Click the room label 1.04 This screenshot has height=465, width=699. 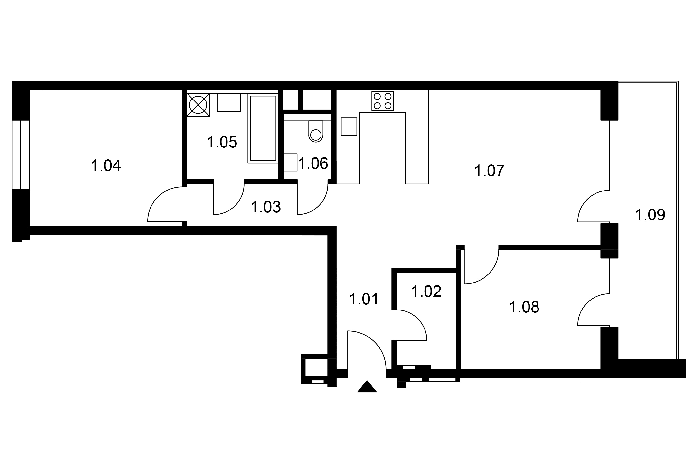click(106, 166)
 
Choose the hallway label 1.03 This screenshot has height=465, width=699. click(266, 207)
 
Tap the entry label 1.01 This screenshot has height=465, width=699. click(364, 299)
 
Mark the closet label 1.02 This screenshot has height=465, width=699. click(426, 291)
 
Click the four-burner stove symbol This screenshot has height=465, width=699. click(382, 101)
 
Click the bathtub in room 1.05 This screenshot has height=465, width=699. click(263, 128)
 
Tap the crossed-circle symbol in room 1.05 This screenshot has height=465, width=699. click(198, 105)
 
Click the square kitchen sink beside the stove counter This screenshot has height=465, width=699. click(349, 127)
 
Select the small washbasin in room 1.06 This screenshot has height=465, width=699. click(291, 162)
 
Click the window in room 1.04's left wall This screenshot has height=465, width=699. click(21, 155)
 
